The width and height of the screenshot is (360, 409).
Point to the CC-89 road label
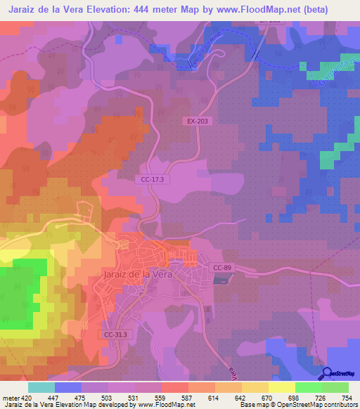click(x=223, y=268)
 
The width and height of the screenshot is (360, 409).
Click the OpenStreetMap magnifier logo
click(x=328, y=372)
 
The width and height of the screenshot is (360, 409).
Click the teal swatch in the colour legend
click(x=41, y=387)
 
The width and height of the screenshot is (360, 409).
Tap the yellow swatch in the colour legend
click(x=281, y=387)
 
